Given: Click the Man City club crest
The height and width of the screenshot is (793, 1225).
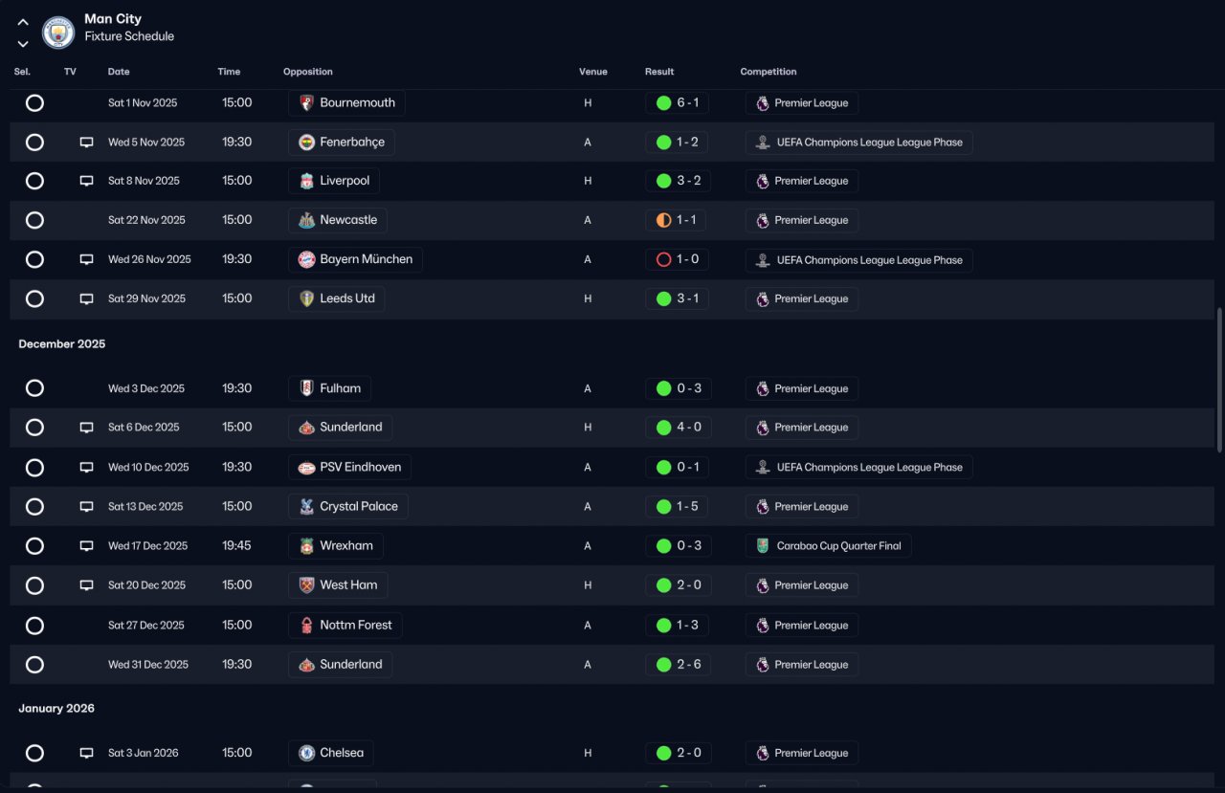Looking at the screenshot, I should tap(58, 33).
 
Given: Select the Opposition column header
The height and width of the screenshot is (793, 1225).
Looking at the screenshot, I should tap(308, 72).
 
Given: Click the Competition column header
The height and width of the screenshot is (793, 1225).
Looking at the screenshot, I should tap(768, 72).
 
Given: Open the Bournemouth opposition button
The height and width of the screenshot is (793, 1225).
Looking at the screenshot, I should tap(346, 103).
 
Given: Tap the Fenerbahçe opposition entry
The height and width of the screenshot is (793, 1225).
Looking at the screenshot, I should tap(342, 143).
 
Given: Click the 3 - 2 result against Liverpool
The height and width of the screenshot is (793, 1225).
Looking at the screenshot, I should tap(678, 181).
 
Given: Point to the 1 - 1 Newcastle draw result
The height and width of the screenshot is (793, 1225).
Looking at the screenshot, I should tap(677, 220).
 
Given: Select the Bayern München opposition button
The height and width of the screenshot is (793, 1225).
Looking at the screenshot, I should tap(355, 259).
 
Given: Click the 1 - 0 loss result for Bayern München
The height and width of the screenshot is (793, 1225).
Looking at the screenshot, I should tap(677, 259).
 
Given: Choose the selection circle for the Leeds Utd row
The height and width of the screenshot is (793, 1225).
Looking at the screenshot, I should tap(34, 298).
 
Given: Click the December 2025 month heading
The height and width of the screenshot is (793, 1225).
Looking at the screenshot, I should tap(62, 344).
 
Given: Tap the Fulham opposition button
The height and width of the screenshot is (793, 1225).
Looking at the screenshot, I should tap(330, 388).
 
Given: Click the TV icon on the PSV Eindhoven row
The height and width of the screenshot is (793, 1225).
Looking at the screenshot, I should tap(86, 468).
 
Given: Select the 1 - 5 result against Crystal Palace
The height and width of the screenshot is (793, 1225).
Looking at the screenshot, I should tap(678, 507).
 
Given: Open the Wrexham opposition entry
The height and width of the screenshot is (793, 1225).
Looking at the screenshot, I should tap(336, 546).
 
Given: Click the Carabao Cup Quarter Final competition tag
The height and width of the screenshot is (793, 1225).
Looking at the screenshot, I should tap(829, 546).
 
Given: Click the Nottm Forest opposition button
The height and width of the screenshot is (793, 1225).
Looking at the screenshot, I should tap(345, 626).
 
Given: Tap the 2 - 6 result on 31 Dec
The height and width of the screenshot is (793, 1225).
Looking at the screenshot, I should tap(678, 665).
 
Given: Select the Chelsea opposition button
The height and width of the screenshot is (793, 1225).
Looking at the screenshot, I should tap(331, 753).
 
